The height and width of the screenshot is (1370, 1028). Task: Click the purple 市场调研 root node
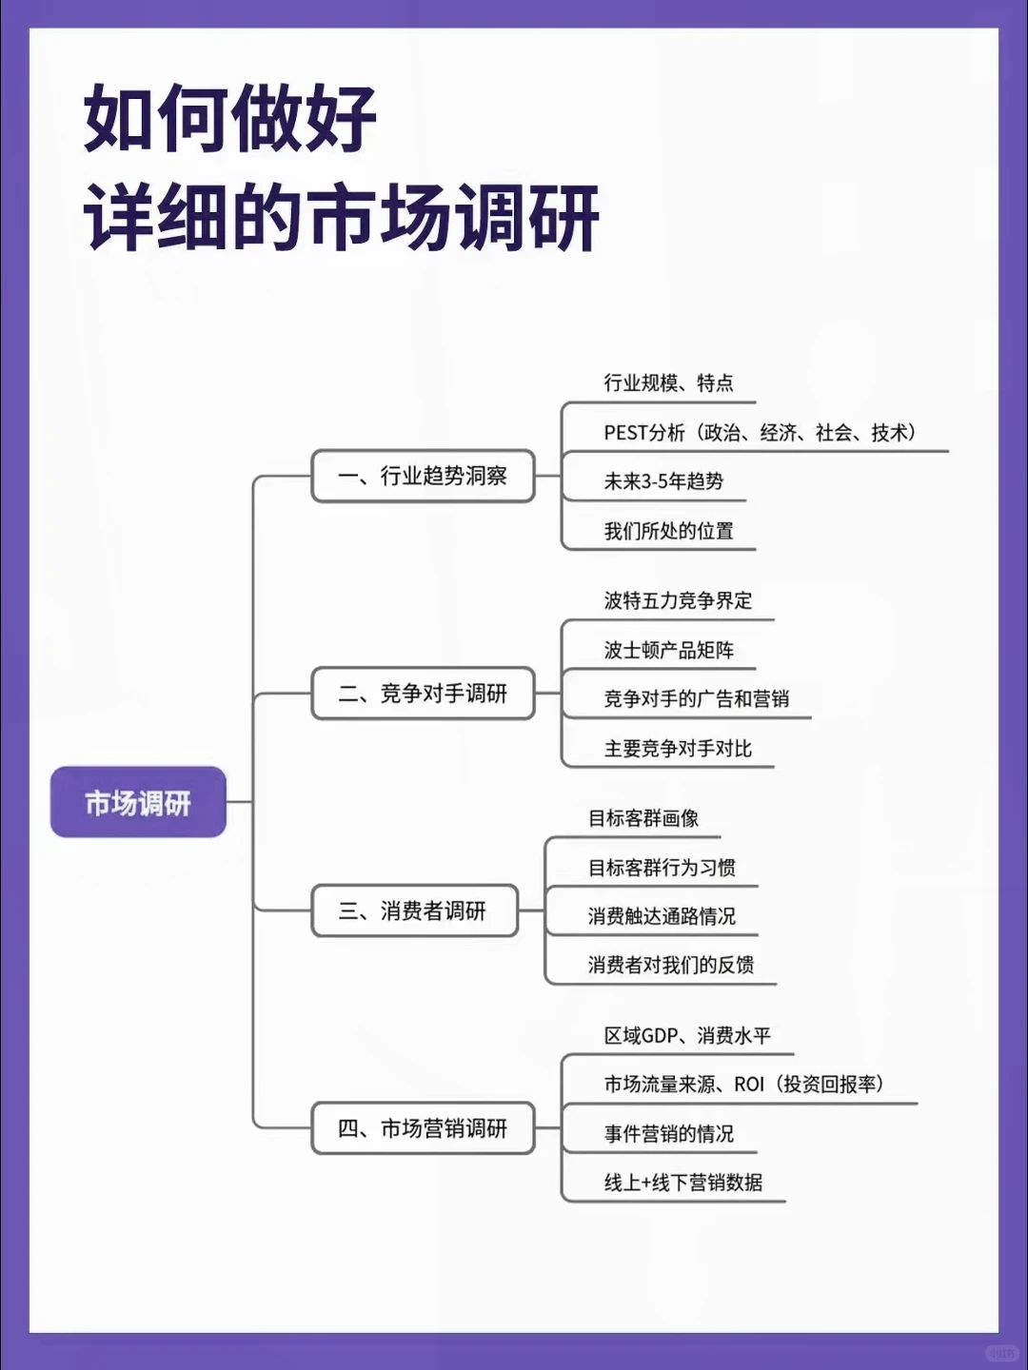click(x=138, y=802)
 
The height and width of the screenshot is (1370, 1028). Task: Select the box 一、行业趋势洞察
click(x=423, y=476)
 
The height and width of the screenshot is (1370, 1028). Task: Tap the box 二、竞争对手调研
click(x=423, y=694)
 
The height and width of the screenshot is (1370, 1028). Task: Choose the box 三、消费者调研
click(x=414, y=910)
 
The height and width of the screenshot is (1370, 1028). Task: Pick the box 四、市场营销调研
click(x=423, y=1128)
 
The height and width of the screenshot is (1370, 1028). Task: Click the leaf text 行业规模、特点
click(x=668, y=383)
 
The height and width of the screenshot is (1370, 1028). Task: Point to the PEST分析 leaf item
click(x=760, y=433)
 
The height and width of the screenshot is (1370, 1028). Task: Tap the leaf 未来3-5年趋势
click(x=663, y=481)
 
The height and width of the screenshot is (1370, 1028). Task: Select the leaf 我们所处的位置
click(x=668, y=531)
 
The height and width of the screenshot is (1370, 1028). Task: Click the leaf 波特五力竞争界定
click(x=678, y=600)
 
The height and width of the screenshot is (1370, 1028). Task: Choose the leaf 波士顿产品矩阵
click(x=668, y=650)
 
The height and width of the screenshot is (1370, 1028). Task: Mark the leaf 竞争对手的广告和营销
click(x=696, y=698)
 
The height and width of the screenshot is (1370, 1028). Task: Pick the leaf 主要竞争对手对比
click(x=678, y=749)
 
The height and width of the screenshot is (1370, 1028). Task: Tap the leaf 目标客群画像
click(x=643, y=818)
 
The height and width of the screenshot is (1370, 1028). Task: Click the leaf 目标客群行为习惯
click(x=662, y=868)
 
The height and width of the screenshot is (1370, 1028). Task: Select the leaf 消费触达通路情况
click(x=662, y=916)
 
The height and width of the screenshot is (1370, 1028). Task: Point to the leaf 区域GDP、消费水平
click(x=687, y=1035)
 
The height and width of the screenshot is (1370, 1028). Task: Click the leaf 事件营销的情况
click(x=668, y=1134)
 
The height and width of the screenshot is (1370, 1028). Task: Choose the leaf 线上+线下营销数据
click(x=682, y=1183)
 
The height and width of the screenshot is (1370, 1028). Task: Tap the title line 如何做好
click(x=230, y=119)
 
